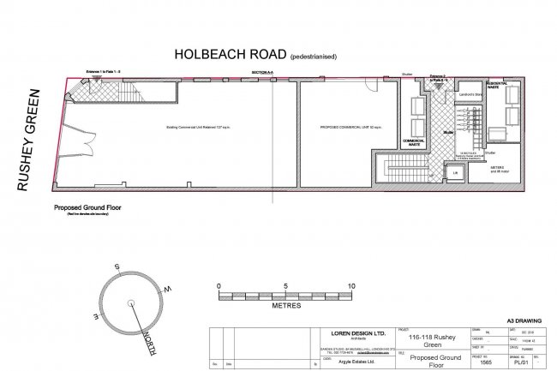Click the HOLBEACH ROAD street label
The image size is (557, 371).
point(231,52)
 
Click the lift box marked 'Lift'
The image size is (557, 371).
point(456,172)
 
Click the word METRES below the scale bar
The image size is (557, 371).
point(284,304)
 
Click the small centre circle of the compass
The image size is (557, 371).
point(130,302)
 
